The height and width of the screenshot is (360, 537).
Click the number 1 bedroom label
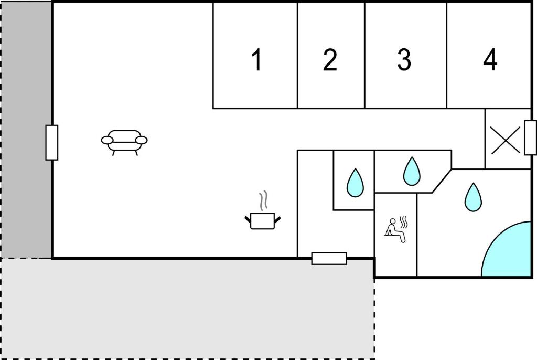point(257,60)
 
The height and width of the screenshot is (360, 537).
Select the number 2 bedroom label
point(330,60)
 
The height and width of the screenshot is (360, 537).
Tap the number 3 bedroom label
point(404,60)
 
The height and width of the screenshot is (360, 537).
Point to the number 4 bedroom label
point(490,60)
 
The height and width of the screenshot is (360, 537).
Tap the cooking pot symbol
point(262,221)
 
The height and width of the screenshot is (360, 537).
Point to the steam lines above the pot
point(263,201)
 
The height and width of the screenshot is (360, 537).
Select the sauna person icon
point(396,229)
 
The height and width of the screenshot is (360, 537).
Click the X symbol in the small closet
point(506,140)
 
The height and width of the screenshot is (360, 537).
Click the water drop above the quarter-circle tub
point(473,197)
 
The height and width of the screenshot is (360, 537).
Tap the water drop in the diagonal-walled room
point(412,172)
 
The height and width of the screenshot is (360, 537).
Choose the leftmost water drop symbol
point(355,183)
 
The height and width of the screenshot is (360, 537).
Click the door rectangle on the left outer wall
point(52,143)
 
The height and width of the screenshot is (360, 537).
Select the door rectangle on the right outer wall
point(531,137)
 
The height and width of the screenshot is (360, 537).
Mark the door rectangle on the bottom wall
point(329,259)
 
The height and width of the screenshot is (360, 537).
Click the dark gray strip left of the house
point(27,130)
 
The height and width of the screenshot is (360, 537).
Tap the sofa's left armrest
point(107,140)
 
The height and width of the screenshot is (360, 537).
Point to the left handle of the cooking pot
point(248,219)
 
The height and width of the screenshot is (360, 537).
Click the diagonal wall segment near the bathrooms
point(442,181)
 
